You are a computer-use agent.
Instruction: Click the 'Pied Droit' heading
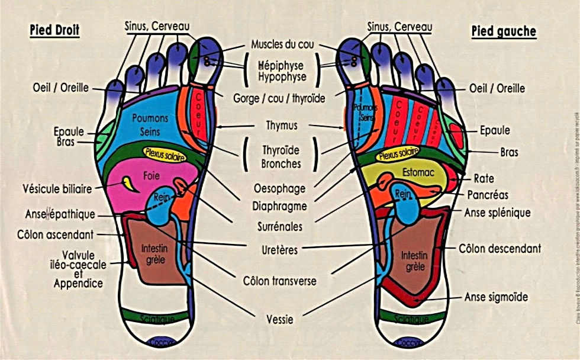[55, 30]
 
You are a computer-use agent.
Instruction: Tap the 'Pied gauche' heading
[504, 31]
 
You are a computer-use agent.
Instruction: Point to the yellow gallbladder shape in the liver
[129, 184]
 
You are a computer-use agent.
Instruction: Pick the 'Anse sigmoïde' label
[496, 297]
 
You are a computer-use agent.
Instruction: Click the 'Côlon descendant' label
[500, 249]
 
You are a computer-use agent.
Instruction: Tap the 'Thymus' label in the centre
[282, 126]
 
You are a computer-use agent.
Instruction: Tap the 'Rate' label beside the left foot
[484, 178]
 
